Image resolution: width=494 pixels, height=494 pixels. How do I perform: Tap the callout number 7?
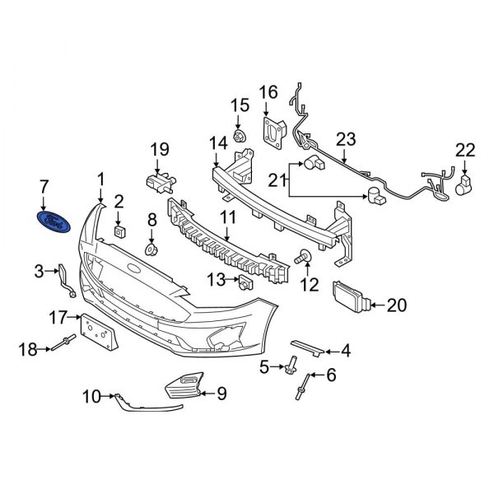(x=44, y=185)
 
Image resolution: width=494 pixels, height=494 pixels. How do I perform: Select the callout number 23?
(x=345, y=137)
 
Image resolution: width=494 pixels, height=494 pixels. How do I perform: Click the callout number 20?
(x=397, y=306)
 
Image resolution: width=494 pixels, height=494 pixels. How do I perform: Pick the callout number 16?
(x=269, y=91)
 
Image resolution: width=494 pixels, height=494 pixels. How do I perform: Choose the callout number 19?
(x=158, y=149)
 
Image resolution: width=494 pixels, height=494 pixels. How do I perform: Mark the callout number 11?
(x=227, y=218)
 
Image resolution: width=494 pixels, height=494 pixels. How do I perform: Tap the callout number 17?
(x=58, y=315)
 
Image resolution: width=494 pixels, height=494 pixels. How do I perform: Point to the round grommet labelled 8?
(x=151, y=248)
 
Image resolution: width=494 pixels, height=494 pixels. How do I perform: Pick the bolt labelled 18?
(x=66, y=348)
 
